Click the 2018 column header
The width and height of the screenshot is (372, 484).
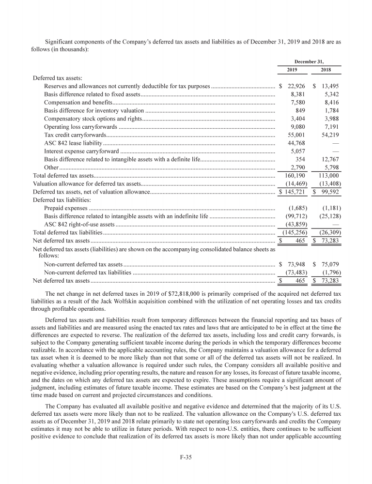326,70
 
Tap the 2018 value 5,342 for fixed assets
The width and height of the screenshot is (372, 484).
329,94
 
